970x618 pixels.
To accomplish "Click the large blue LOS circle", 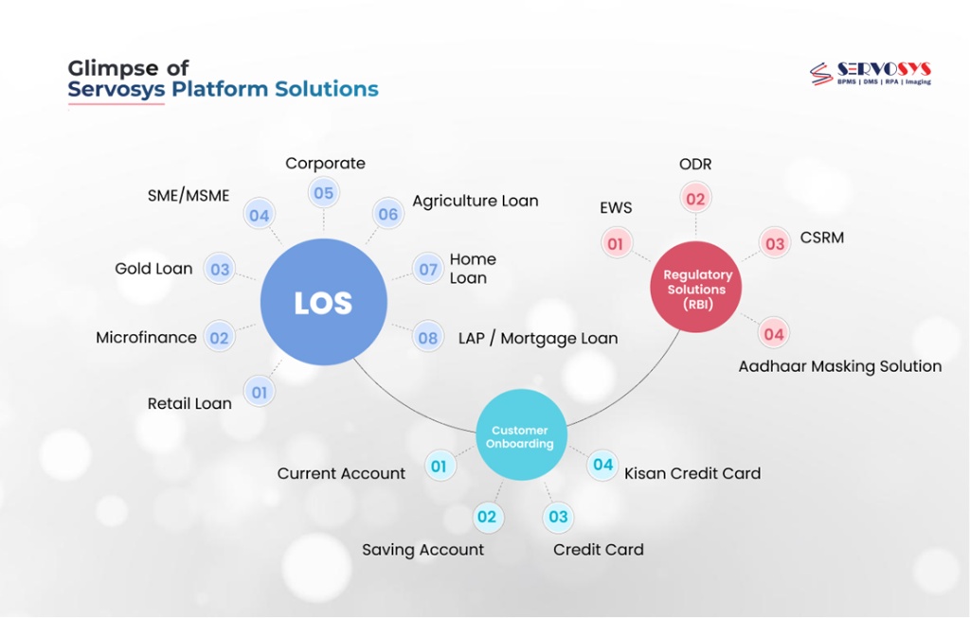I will [x=323, y=303].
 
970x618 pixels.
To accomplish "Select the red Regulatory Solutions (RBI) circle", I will [x=695, y=288].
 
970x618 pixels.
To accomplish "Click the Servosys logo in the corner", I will [x=870, y=74].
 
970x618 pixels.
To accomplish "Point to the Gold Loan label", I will [x=153, y=269].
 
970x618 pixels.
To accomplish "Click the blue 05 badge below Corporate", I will [x=323, y=194].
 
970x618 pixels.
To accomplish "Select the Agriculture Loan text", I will [x=475, y=201].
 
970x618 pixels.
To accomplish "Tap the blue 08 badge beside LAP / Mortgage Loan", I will [x=428, y=338].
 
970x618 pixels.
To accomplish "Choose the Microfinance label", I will [x=146, y=337].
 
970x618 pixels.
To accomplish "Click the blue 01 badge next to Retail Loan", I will [x=260, y=392].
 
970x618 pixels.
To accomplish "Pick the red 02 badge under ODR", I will [x=696, y=199].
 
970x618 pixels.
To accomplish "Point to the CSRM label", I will [x=821, y=238].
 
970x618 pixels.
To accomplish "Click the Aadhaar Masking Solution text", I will [x=839, y=366].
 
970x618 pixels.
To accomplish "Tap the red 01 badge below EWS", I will [x=616, y=244].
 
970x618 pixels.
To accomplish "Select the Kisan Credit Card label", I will [x=692, y=473].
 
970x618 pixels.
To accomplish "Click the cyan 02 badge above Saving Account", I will [x=486, y=517].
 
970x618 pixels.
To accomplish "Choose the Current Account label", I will [x=341, y=473].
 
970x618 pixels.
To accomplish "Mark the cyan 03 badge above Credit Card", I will [x=558, y=517].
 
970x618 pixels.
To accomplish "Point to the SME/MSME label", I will [x=189, y=196].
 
